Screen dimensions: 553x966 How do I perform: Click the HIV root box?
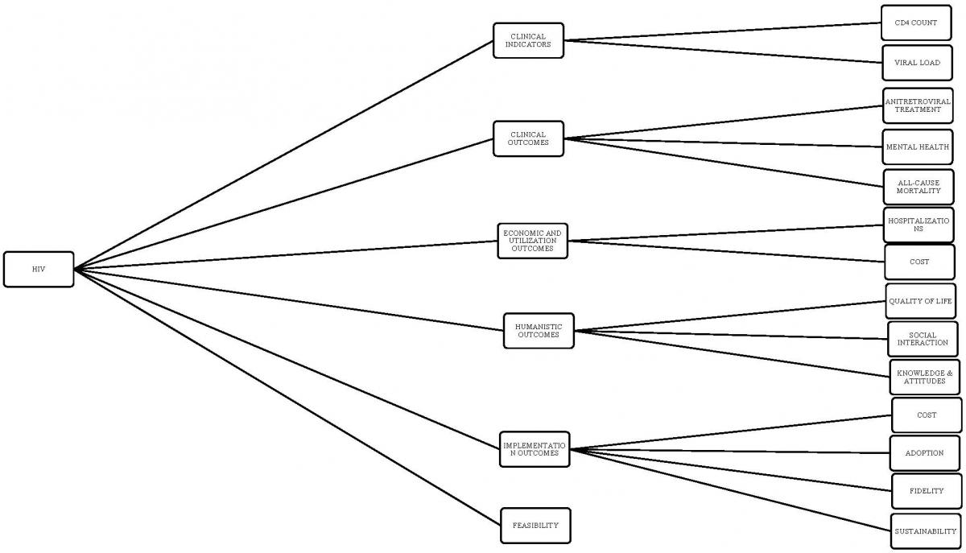click(39, 269)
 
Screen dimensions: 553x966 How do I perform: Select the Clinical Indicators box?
click(528, 40)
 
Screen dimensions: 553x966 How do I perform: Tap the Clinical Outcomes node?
click(528, 138)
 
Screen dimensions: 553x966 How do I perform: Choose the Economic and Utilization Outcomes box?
click(532, 240)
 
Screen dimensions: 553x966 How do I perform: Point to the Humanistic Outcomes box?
click(539, 331)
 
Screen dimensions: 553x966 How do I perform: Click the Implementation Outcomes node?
click(535, 449)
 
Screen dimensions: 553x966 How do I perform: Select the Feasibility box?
click(535, 525)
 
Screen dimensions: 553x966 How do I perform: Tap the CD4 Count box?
click(915, 23)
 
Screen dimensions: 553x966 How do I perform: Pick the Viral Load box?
click(916, 63)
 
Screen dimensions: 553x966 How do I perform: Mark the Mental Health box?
click(917, 147)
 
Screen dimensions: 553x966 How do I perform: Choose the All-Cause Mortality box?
click(919, 187)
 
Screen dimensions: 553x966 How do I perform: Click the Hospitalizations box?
click(919, 225)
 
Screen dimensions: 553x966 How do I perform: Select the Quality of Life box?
click(920, 301)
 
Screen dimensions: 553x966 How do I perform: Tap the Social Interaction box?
click(923, 339)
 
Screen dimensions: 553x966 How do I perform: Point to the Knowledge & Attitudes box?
click(924, 378)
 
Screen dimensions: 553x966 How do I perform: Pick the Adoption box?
click(924, 453)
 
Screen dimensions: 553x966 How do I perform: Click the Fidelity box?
click(926, 491)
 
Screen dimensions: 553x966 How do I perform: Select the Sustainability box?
click(926, 531)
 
